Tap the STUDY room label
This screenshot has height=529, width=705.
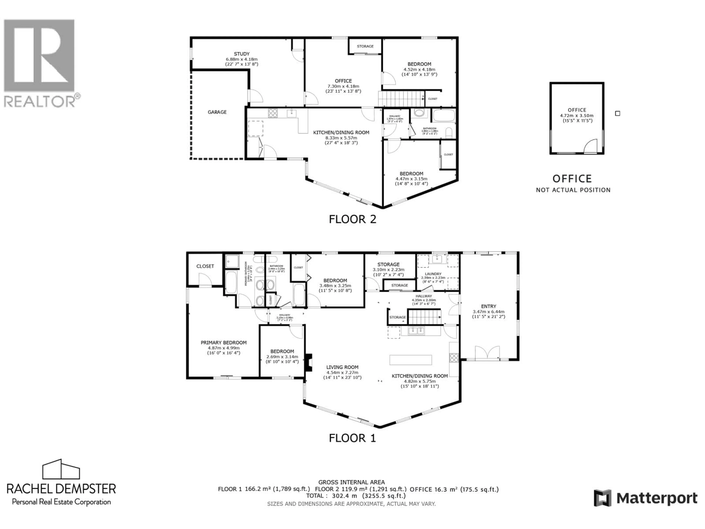242,54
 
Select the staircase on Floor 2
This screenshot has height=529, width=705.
401,99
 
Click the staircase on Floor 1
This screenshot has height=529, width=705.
424,317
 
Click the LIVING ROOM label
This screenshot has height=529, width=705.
342,367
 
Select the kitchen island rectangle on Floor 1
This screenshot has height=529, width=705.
411,360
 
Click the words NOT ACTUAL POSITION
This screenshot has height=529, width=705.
573,190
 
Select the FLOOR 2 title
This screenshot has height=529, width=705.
352,219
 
